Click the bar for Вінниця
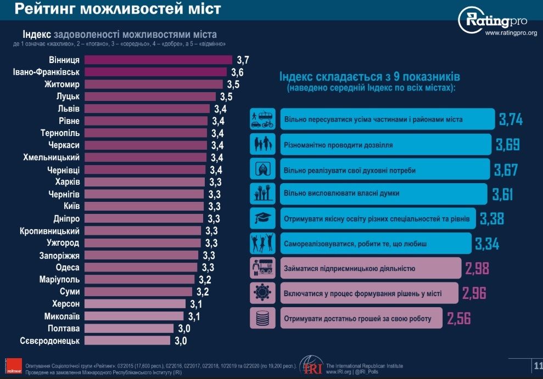[x=159, y=60]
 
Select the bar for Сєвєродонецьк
[x=127, y=341]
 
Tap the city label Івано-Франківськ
[x=47, y=72]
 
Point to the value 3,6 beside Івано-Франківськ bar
[x=237, y=72]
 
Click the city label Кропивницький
[x=50, y=231]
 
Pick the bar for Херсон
[x=135, y=304]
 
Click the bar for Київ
[x=145, y=206]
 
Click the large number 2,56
[x=458, y=318]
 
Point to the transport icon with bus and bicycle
[x=261, y=118]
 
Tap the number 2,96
[x=473, y=293]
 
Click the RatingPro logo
[x=492, y=20]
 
